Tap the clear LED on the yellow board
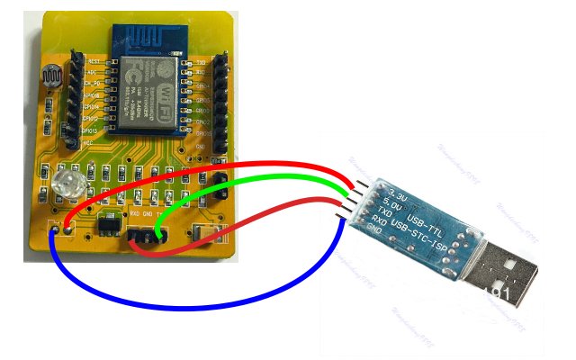pyautogui.click(x=66, y=187)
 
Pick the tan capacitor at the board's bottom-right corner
pyautogui.click(x=214, y=236)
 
